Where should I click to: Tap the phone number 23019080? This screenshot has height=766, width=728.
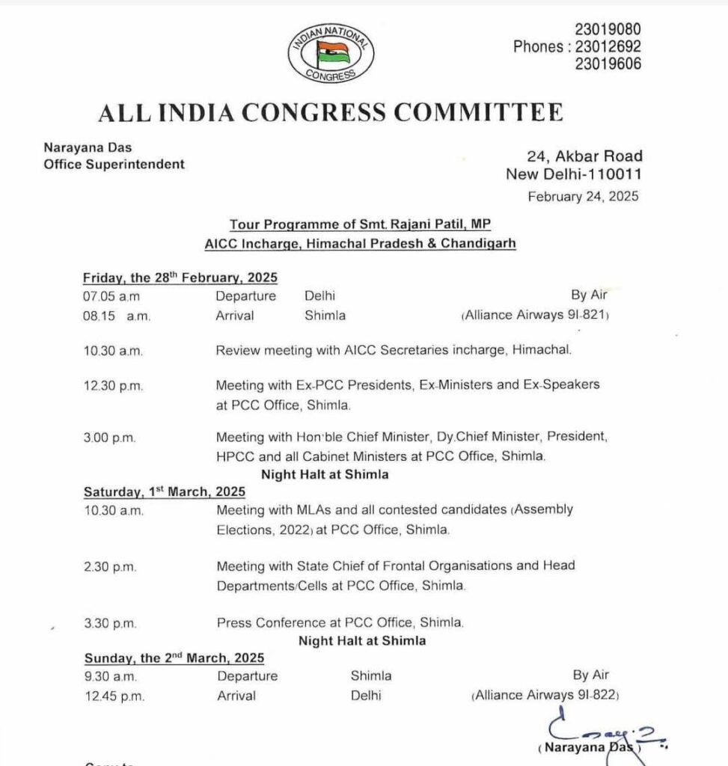608,30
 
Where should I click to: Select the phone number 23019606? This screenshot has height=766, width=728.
608,64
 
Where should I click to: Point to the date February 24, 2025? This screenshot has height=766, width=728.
583,197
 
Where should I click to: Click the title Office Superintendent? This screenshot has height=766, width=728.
114,164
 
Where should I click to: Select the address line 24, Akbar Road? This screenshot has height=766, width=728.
584,156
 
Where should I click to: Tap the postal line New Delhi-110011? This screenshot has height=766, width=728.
574,175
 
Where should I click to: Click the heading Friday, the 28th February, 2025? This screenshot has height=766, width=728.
180,278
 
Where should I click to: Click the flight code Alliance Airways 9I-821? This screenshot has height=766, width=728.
535,316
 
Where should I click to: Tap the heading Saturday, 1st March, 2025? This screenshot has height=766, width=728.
164,491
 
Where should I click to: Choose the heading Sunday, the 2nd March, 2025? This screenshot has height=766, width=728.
174,658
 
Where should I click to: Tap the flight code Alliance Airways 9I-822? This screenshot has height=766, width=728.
545,696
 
